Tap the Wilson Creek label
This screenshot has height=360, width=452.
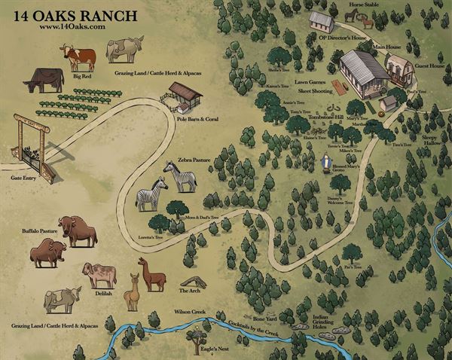click(x=190, y=310)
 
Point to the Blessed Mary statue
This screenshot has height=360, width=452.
click(x=325, y=162)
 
